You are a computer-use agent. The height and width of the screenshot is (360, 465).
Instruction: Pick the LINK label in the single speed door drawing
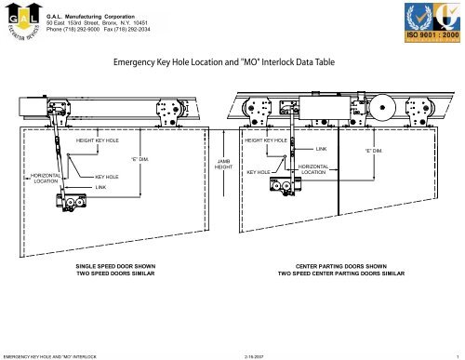tap(101, 187)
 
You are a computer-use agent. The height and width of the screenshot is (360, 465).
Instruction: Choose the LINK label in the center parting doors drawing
tap(321, 148)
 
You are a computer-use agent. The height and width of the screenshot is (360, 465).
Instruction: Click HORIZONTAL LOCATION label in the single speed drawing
tap(46, 177)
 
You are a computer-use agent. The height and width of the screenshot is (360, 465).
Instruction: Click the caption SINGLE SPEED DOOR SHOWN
tap(115, 266)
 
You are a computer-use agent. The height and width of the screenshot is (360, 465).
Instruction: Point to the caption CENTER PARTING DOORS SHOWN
tap(341, 266)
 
